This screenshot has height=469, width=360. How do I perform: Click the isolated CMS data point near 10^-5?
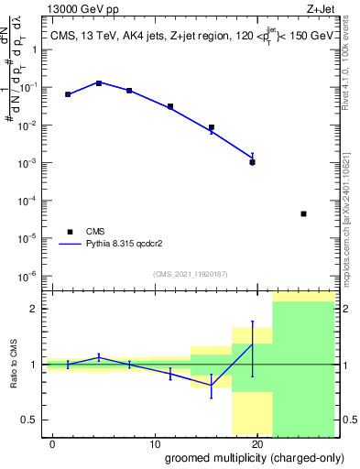tap(303, 213)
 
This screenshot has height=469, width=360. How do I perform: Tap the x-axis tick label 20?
tap(257, 442)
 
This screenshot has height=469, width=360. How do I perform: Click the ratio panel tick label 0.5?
tap(29, 420)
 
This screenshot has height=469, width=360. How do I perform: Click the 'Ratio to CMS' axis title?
tap(12, 365)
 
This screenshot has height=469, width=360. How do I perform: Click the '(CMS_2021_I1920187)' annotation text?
tap(190, 273)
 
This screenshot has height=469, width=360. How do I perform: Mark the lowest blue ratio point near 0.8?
tap(212, 386)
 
